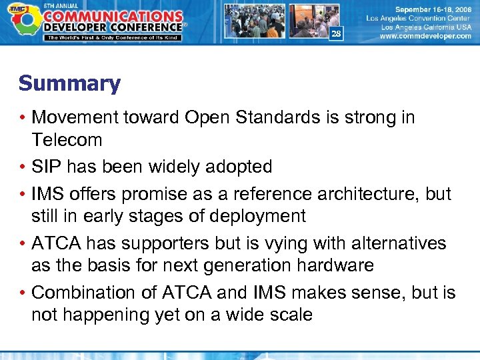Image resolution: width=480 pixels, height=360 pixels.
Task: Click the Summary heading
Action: click(x=69, y=84)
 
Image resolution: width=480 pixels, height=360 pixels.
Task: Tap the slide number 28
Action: click(x=336, y=34)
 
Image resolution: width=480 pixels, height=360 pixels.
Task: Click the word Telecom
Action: click(x=67, y=141)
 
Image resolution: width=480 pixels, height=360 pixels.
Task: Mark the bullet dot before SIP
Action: click(x=23, y=167)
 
